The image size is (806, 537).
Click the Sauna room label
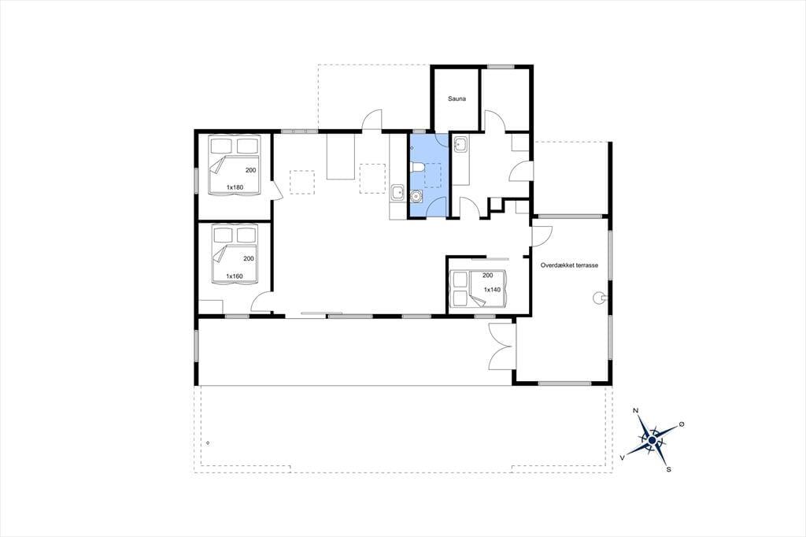pos(457,98)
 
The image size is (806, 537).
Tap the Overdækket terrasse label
pos(569,265)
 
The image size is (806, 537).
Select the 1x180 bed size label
pos(235,187)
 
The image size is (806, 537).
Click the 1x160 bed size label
pos(235,276)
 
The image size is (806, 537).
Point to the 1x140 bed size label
pos(492,290)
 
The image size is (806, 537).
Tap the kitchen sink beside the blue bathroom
pos(397,193)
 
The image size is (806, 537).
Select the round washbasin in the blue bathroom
pos(416,195)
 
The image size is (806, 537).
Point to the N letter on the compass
pos(635,410)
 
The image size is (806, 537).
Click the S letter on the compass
pos(669,469)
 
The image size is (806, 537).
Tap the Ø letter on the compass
pos(682,424)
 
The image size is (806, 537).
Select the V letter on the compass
pos(623,457)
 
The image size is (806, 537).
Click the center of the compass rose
pos(652,440)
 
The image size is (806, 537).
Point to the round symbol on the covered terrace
pos(598,297)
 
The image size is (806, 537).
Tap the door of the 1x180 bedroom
pos(276,191)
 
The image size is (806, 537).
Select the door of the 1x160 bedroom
pos(261,302)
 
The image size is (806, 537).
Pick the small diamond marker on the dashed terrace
pos(207,443)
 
